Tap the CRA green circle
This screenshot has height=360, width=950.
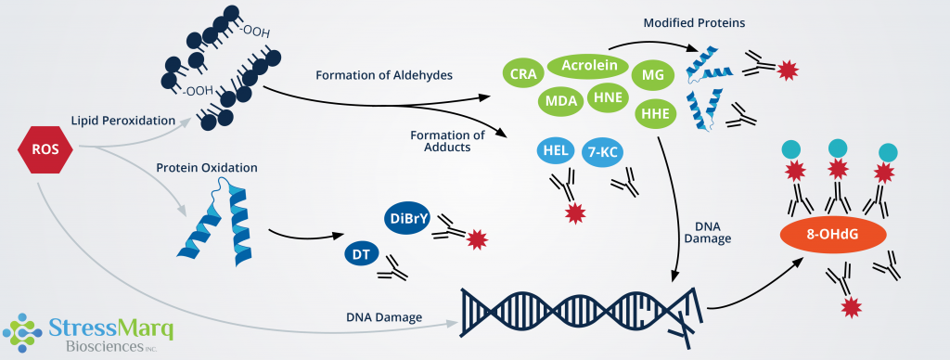(522, 74)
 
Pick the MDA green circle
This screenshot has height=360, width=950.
(561, 100)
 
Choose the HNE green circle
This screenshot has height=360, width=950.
(607, 98)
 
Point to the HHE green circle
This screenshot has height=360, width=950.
(655, 112)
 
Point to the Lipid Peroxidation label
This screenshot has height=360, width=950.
(123, 121)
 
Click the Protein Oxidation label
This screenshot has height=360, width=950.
(207, 167)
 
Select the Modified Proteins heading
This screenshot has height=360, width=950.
(694, 23)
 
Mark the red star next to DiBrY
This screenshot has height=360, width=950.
(478, 239)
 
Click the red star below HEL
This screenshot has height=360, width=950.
(573, 213)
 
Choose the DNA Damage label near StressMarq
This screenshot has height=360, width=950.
(384, 316)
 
